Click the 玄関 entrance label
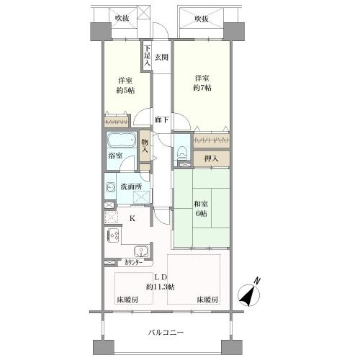point(161,57)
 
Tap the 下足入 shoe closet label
point(147,56)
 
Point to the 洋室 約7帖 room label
point(201,82)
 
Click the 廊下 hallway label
point(161,121)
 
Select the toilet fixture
point(182,152)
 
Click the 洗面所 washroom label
point(130,187)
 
